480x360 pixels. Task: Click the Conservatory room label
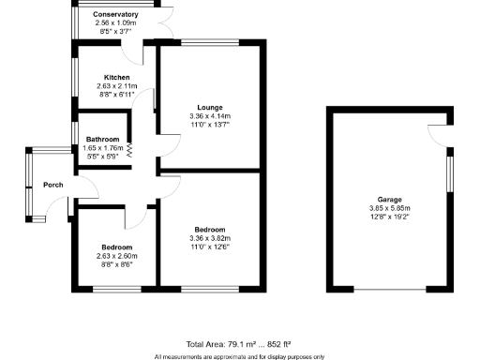click(116, 15)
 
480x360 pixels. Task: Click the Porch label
click(53, 185)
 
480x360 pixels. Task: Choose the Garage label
click(389, 199)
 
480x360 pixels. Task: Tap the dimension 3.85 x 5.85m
click(389, 207)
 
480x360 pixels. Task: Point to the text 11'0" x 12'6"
click(209, 246)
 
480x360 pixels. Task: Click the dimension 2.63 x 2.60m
click(116, 256)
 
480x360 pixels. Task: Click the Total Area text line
click(239, 344)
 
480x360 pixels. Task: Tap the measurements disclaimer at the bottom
click(239, 356)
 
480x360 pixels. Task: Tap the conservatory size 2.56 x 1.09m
click(116, 22)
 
